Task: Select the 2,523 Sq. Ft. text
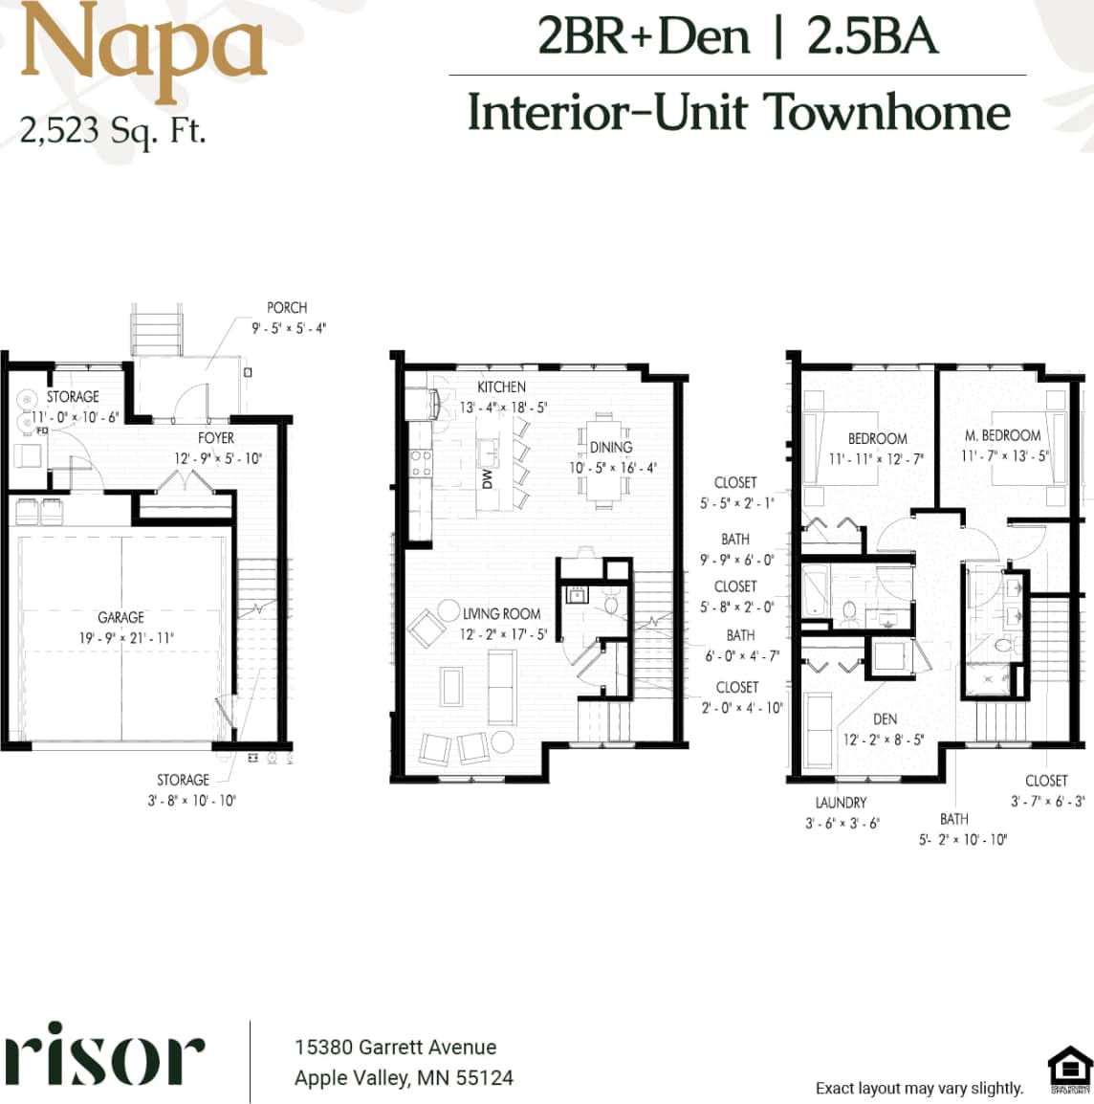coord(113,130)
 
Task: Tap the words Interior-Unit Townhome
coord(738,113)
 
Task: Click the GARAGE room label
coord(120,618)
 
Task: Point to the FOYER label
coord(216,438)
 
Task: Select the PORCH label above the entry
coord(287,308)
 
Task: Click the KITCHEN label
coord(501,386)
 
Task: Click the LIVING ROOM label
coord(501,614)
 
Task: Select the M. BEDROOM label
coord(1002,435)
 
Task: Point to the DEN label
coord(885,719)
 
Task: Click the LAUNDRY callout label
coord(841,803)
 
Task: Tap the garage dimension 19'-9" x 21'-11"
coord(126,638)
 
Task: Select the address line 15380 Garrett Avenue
coord(395,1048)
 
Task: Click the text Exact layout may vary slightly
coord(919,1088)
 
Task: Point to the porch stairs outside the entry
coord(156,330)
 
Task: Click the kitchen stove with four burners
coord(421,463)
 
